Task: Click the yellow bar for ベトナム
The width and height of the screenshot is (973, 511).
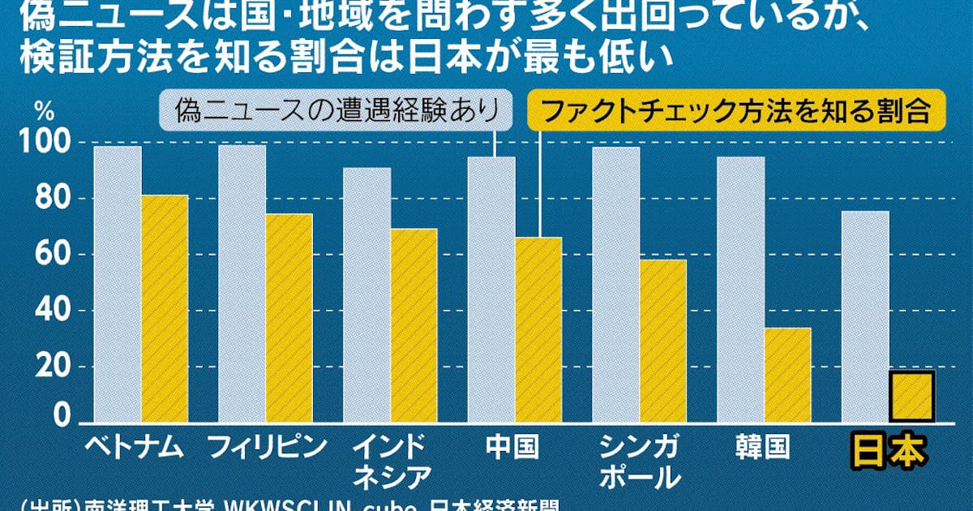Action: (165, 308)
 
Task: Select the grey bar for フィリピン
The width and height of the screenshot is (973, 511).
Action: (242, 284)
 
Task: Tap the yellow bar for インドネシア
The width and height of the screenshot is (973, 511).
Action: (414, 324)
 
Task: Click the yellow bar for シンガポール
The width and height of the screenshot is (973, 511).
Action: (662, 341)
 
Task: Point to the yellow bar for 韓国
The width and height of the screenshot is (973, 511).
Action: (787, 375)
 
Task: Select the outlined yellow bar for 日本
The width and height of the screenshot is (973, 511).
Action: (912, 397)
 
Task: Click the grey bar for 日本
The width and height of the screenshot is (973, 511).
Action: (865, 316)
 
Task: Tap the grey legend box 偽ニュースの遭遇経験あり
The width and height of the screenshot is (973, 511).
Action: (333, 112)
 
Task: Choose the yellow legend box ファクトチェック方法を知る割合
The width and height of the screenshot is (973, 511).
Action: (735, 111)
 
